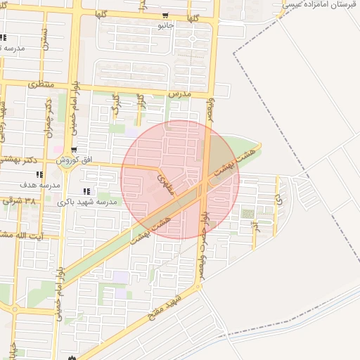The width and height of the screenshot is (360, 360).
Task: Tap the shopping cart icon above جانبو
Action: click(165, 15)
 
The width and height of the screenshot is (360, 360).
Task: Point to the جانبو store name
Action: click(165, 25)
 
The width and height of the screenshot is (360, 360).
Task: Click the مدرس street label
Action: click(180, 93)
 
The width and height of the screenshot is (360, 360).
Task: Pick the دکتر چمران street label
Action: click(49, 112)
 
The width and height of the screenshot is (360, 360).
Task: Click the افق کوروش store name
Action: click(77, 160)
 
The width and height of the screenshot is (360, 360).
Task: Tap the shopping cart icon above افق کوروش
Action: click(74, 150)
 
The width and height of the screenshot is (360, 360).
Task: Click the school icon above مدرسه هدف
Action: click(39, 174)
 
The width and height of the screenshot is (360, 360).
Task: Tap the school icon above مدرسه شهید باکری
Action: click(86, 191)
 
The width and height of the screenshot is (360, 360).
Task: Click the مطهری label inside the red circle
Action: click(167, 184)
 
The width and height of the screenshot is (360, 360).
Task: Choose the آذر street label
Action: click(255, 225)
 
